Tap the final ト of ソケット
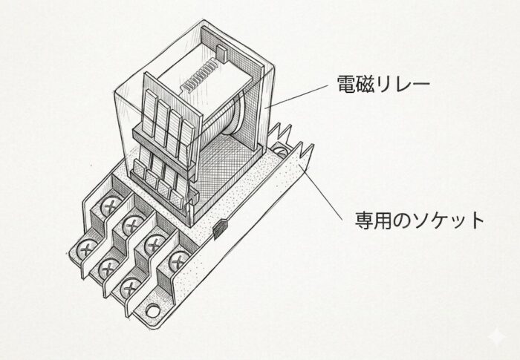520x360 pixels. [476, 221]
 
